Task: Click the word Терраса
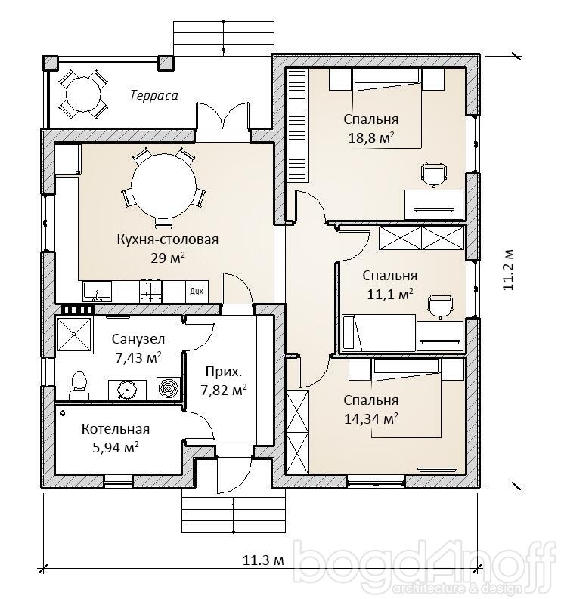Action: [x=154, y=94]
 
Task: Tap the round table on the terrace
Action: [x=83, y=94]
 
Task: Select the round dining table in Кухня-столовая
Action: [x=163, y=186]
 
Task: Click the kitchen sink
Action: [x=97, y=292]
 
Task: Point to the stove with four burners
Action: [x=152, y=292]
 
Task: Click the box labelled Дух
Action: [x=197, y=292]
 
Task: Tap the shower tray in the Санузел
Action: [x=74, y=335]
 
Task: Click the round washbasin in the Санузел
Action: [x=126, y=390]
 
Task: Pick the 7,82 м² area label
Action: [x=224, y=391]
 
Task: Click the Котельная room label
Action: [x=116, y=429]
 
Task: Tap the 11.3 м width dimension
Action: [x=263, y=560]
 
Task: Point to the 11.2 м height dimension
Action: [x=508, y=270]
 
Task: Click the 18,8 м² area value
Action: [x=371, y=138]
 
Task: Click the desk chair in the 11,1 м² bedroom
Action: [x=440, y=307]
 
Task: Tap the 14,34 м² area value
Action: [x=371, y=419]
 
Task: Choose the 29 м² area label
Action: [x=168, y=258]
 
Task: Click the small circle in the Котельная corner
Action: [x=62, y=413]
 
